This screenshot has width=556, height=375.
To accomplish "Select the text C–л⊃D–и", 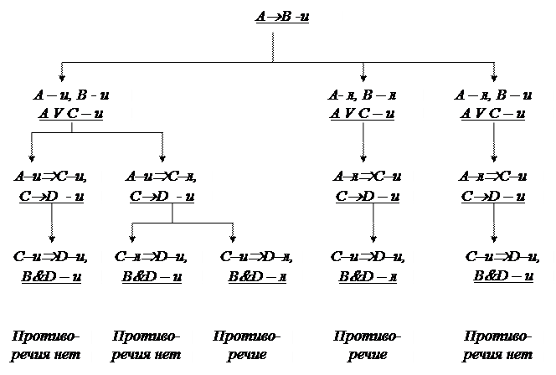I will (149, 256).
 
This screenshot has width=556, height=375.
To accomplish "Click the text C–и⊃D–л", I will (258, 256).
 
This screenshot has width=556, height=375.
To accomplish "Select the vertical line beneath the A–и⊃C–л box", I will (172, 215).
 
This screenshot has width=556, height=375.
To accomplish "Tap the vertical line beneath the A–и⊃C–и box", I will (52, 215).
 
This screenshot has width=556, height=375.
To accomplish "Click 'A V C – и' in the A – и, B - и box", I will (72, 113).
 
